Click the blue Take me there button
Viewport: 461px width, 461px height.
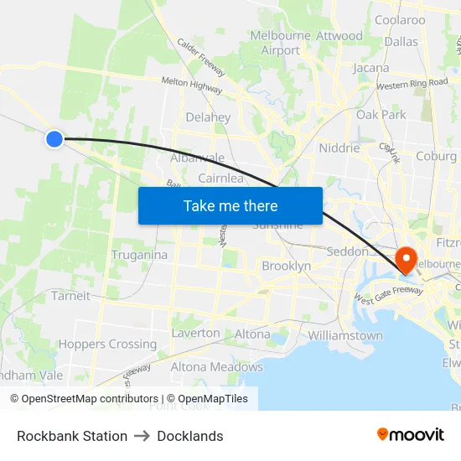click(x=230, y=205)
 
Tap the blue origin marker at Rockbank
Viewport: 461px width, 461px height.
click(x=54, y=138)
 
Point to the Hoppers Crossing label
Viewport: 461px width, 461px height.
click(x=107, y=344)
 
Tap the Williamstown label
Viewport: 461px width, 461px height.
click(x=345, y=335)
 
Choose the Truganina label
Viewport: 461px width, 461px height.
click(x=139, y=255)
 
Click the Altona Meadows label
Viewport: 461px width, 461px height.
click(x=217, y=367)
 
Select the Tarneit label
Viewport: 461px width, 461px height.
click(x=70, y=296)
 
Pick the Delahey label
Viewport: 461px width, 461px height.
click(x=208, y=117)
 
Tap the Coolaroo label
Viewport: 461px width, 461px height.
click(x=400, y=20)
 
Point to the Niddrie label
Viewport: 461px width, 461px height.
click(x=339, y=148)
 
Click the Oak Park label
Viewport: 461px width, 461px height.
click(x=381, y=115)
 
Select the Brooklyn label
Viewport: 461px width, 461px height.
click(x=286, y=266)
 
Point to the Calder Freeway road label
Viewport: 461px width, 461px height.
click(x=200, y=58)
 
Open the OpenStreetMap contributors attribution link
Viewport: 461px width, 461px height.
click(x=85, y=399)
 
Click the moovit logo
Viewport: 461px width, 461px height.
click(x=410, y=434)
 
